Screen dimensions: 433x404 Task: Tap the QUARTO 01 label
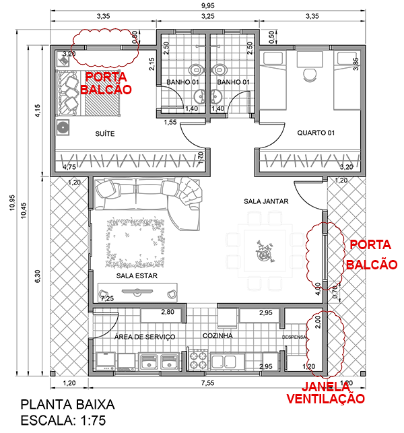coord(316,133)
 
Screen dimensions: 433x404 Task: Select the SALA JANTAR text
coord(266,201)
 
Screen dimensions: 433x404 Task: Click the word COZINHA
coord(217,335)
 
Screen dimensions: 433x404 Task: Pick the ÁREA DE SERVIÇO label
coord(145,336)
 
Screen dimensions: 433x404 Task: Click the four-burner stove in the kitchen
coord(197,360)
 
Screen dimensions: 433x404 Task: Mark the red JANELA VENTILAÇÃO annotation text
coord(325,393)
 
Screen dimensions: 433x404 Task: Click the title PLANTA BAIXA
coord(67,405)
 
